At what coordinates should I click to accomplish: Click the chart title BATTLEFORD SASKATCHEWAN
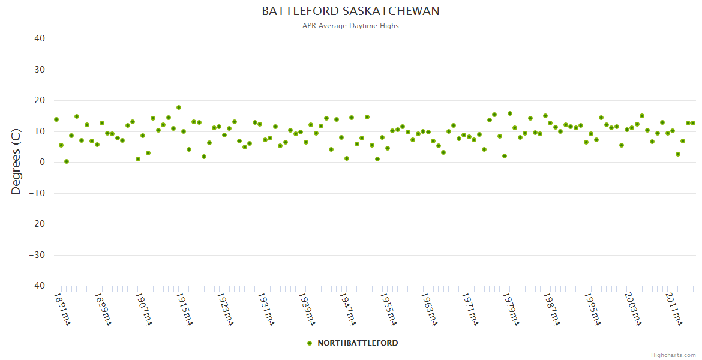(350, 11)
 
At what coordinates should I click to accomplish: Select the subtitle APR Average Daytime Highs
(350, 26)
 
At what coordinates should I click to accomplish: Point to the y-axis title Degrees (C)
(16, 162)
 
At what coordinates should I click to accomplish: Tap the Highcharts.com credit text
(673, 355)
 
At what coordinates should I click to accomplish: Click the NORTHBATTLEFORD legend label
(358, 343)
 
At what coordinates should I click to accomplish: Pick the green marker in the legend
(310, 343)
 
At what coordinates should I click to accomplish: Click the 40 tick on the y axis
(40, 38)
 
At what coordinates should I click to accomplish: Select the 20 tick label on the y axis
(40, 100)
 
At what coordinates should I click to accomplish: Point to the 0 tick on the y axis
(42, 162)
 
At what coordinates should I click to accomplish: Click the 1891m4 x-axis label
(63, 309)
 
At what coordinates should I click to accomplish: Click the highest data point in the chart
(179, 107)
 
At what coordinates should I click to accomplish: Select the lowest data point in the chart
(67, 161)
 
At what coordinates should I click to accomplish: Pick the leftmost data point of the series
(56, 119)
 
